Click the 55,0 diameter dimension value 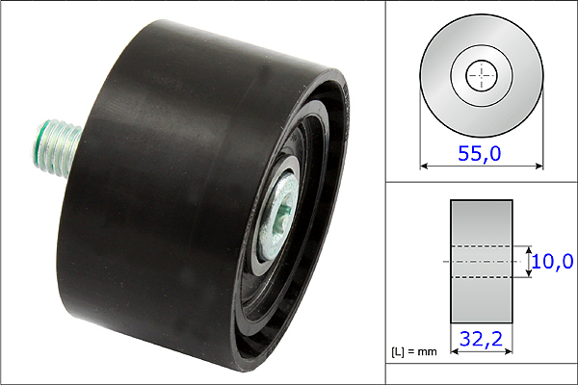(x=479, y=153)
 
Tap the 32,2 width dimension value (x=481, y=339)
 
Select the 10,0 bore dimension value (x=553, y=261)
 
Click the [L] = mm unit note (x=414, y=352)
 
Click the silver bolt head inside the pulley (x=277, y=217)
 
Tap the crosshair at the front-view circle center (x=482, y=75)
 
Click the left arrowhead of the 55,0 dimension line (x=424, y=167)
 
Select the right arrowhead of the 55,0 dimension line (x=539, y=167)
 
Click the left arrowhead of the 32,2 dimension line (x=455, y=351)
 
